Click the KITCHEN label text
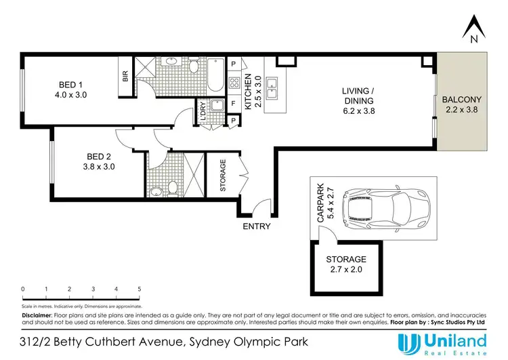point(249,91)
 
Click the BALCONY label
point(461,105)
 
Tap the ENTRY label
point(257,226)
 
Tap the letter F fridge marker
point(234,104)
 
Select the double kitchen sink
point(272,86)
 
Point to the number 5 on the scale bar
point(140,289)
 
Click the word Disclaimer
point(37,315)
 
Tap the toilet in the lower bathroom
point(171,186)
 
